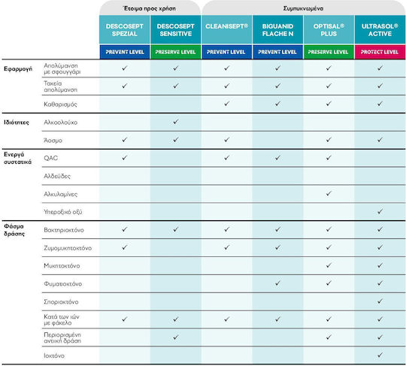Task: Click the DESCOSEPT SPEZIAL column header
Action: coord(125,30)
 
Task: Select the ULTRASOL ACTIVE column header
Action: coord(380,30)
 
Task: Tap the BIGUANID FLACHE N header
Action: coord(277,30)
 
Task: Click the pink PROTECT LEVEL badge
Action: coord(380,52)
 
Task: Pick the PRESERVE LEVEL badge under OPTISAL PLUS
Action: coord(329,52)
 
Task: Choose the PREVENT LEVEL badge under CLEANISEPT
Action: coord(226,52)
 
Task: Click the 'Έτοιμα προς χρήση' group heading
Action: coord(150,8)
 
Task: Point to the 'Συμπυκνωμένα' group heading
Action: coord(303,8)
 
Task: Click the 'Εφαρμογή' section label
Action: coord(18,69)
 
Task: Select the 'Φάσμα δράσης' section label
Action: coord(14,230)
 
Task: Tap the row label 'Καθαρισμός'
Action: coord(60,104)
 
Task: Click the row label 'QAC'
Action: coord(51,158)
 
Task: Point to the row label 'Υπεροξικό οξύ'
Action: coord(63,212)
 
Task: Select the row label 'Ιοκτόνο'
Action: coord(54,355)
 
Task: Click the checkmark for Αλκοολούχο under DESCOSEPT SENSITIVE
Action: coord(176,122)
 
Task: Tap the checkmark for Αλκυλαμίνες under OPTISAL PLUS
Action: coord(329,193)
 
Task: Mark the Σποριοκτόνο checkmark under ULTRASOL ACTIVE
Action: coord(380,301)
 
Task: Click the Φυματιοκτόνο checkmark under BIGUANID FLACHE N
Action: coord(277,283)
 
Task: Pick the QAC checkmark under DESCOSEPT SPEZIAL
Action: coord(125,157)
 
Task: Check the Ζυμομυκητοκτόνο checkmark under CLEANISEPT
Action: coord(227,247)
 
